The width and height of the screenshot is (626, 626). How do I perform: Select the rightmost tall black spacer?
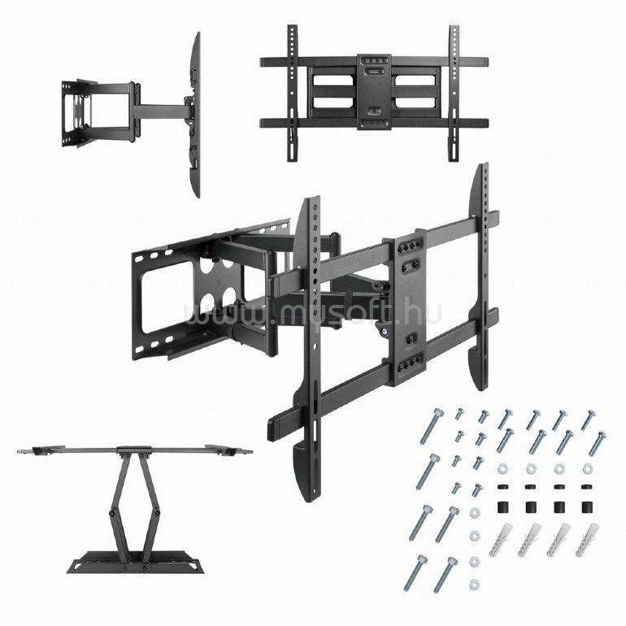click(x=587, y=507)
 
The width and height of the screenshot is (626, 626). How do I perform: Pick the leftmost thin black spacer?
click(x=501, y=487)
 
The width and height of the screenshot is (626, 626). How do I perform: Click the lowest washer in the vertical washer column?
click(x=474, y=585)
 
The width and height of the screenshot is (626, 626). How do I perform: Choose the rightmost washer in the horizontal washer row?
click(x=587, y=468)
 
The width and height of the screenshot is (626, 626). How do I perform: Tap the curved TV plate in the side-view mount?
click(x=194, y=115)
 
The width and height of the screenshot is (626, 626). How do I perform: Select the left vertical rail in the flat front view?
click(x=293, y=93)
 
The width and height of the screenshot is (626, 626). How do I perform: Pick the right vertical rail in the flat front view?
click(x=454, y=93)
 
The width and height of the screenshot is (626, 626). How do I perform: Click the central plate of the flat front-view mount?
click(x=374, y=92)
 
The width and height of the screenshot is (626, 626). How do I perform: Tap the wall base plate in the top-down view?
click(x=135, y=563)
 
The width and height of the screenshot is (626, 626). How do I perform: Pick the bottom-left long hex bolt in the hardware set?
click(x=415, y=573)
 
